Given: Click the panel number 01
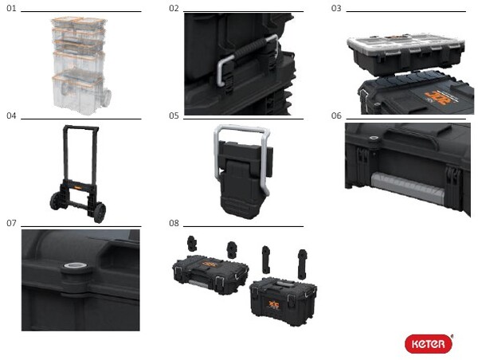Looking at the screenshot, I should tap(10, 8).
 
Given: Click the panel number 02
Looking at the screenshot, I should tap(174, 8).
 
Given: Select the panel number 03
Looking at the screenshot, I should tap(336, 8).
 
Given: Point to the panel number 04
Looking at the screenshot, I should tap(11, 115).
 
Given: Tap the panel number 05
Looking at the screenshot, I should tap(174, 115).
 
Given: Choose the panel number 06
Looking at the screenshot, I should tap(336, 115).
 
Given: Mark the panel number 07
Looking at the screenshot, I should tap(11, 223).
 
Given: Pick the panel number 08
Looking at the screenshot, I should tap(174, 223).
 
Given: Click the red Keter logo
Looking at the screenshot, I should tap(429, 343).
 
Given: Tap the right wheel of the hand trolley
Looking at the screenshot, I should tap(98, 212).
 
